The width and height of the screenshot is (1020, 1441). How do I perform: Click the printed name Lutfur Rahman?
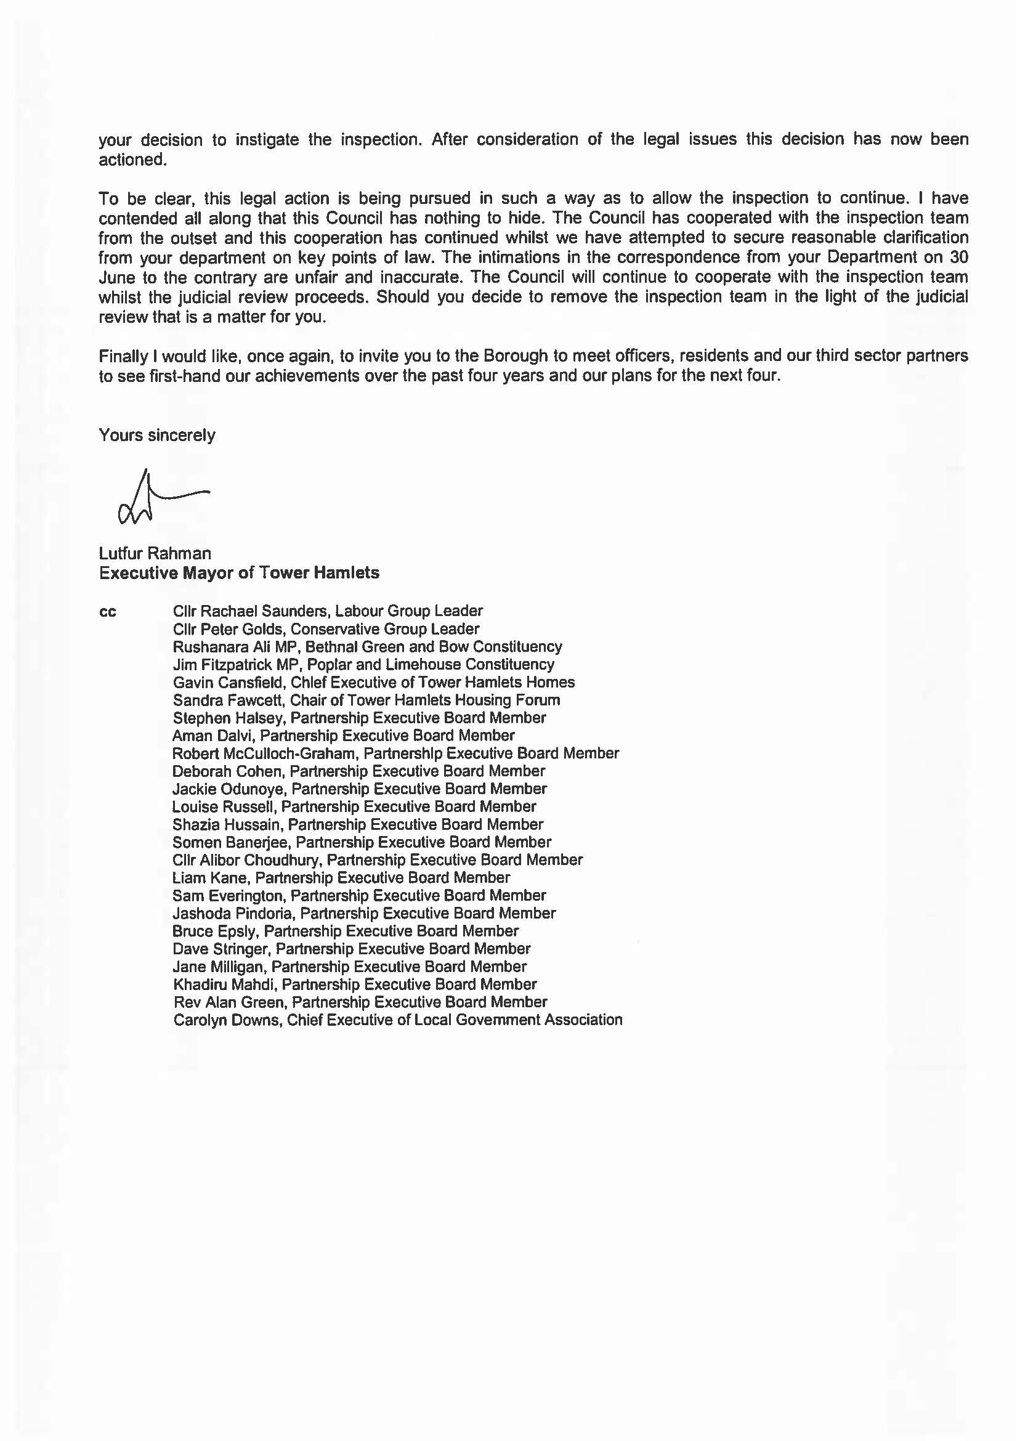pyautogui.click(x=155, y=553)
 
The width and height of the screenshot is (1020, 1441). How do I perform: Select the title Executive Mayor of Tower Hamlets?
pyautogui.click(x=238, y=573)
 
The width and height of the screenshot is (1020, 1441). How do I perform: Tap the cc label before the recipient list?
pyautogui.click(x=107, y=612)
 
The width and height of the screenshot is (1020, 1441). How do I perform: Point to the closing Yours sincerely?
pyautogui.click(x=156, y=436)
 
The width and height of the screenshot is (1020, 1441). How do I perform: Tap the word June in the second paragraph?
pyautogui.click(x=115, y=277)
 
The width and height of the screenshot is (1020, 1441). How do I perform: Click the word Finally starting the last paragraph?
pyautogui.click(x=121, y=356)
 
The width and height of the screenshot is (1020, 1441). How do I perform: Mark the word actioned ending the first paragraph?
pyautogui.click(x=132, y=160)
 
